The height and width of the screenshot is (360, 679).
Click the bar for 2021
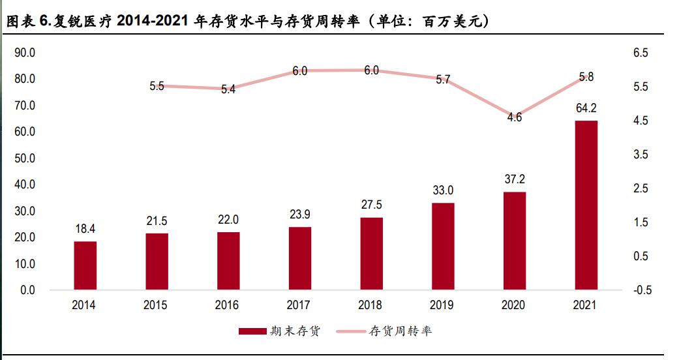tap(585, 205)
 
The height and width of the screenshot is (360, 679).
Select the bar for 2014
tap(85, 265)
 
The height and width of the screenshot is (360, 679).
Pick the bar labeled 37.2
tap(514, 241)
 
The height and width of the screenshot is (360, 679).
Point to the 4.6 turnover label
tap(515, 118)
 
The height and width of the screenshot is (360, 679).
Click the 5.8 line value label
tap(586, 77)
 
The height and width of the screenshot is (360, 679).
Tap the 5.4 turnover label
tap(228, 90)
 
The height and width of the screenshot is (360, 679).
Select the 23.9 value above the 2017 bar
tap(299, 214)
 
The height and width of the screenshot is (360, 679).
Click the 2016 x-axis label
tap(228, 305)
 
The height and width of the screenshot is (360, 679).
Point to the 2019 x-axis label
tap(442, 305)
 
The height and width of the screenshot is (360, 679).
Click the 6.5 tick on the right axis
tap(640, 53)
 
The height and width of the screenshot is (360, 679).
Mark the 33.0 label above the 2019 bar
tap(443, 190)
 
